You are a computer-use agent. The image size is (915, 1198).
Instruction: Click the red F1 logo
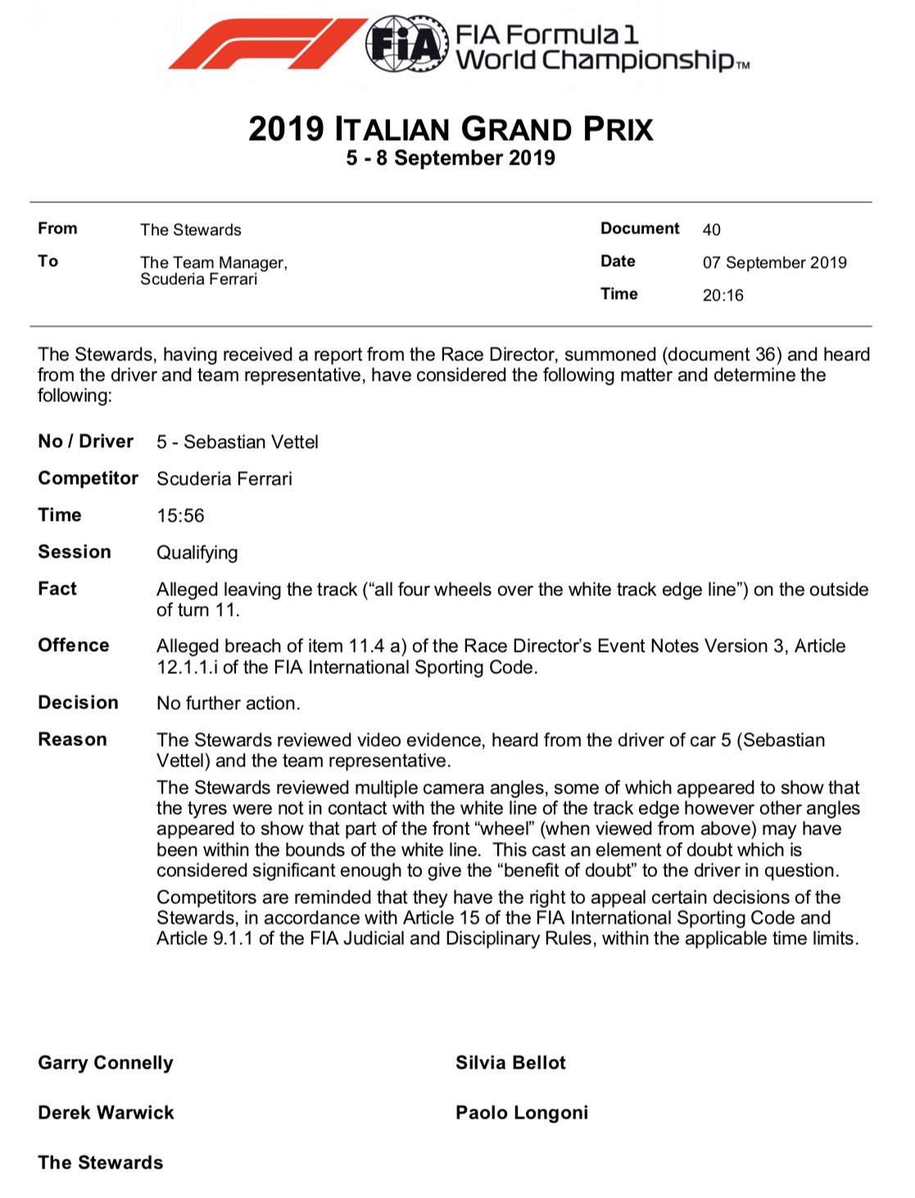tap(266, 44)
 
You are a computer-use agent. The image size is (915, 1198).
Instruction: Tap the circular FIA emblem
tap(406, 44)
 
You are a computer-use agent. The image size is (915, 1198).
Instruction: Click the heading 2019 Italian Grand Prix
tap(451, 129)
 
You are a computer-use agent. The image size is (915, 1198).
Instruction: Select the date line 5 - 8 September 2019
tap(451, 158)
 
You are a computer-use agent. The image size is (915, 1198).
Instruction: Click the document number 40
tap(711, 230)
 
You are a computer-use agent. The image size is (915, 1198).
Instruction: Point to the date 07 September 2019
tap(774, 263)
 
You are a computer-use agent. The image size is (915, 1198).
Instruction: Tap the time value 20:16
tap(722, 296)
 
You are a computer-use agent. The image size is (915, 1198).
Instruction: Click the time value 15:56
tap(180, 516)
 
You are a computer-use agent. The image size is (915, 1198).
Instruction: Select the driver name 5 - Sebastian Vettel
tap(238, 442)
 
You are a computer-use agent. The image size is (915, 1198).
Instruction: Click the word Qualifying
tap(197, 553)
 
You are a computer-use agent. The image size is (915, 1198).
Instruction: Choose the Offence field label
tap(74, 645)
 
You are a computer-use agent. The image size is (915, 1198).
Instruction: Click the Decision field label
tap(78, 703)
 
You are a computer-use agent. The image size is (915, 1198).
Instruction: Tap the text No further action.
tap(229, 703)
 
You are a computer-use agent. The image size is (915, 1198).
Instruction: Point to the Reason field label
tap(72, 739)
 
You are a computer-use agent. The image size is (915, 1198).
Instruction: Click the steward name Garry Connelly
tap(106, 1063)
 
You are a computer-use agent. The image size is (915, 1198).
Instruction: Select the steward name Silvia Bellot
tap(510, 1063)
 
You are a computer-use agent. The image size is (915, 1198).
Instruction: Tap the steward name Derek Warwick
tap(106, 1113)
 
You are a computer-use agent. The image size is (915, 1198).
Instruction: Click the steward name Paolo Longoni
tap(522, 1113)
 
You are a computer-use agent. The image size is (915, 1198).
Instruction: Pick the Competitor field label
tap(88, 478)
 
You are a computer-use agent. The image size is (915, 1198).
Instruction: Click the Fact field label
tap(57, 589)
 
